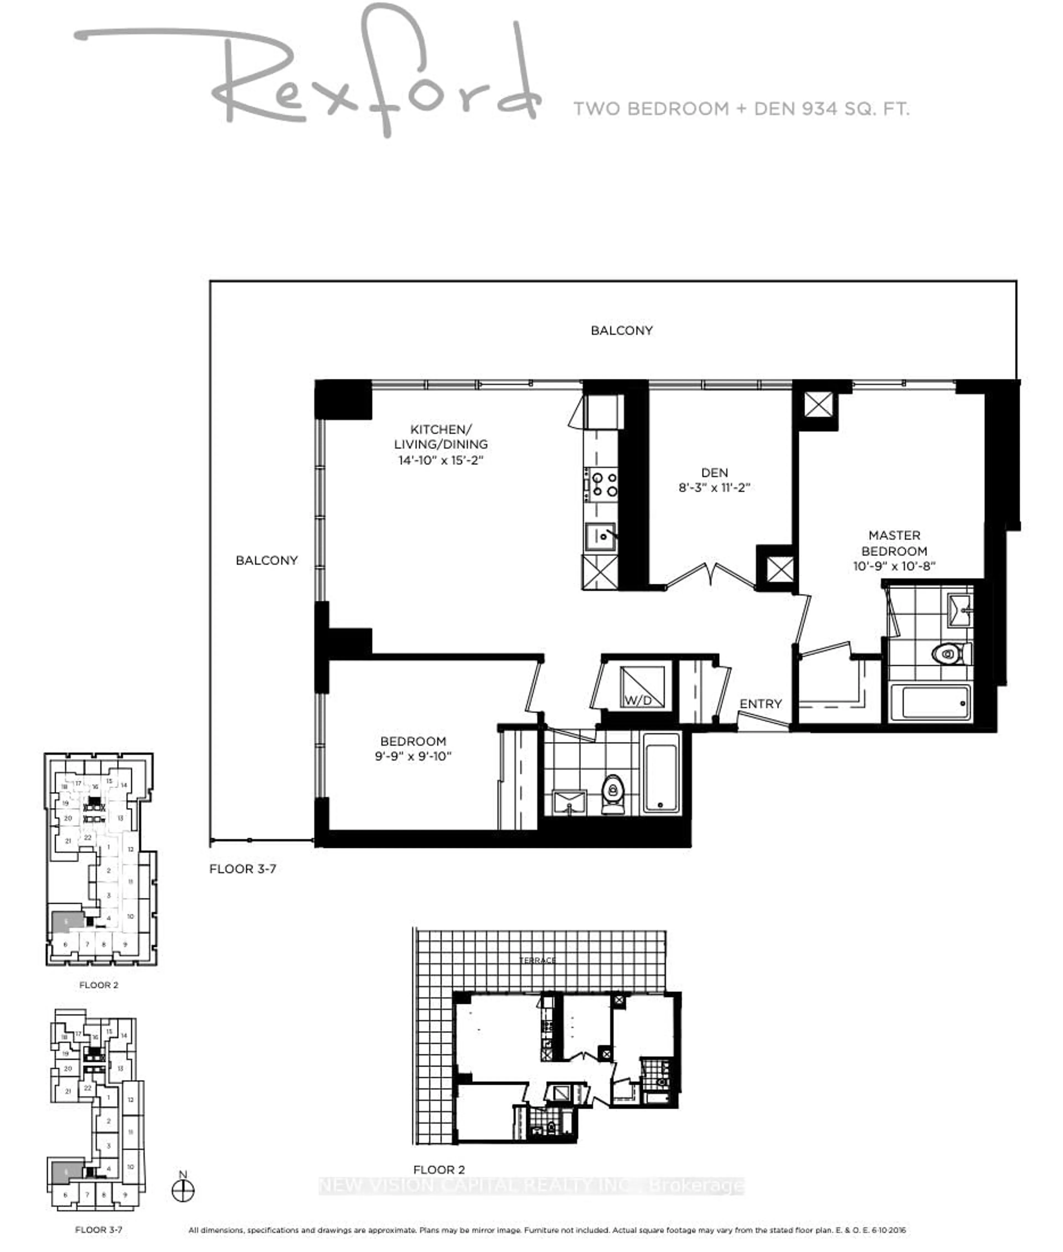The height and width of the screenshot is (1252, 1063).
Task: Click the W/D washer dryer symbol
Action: (x=642, y=687)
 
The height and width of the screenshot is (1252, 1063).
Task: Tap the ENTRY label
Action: (x=760, y=704)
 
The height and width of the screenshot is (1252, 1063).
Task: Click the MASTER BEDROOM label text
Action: (x=894, y=543)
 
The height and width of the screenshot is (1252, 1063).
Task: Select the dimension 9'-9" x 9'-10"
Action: (x=413, y=756)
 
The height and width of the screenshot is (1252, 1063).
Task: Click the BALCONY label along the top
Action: (x=621, y=330)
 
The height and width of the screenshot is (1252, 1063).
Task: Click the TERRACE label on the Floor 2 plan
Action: (x=538, y=960)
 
